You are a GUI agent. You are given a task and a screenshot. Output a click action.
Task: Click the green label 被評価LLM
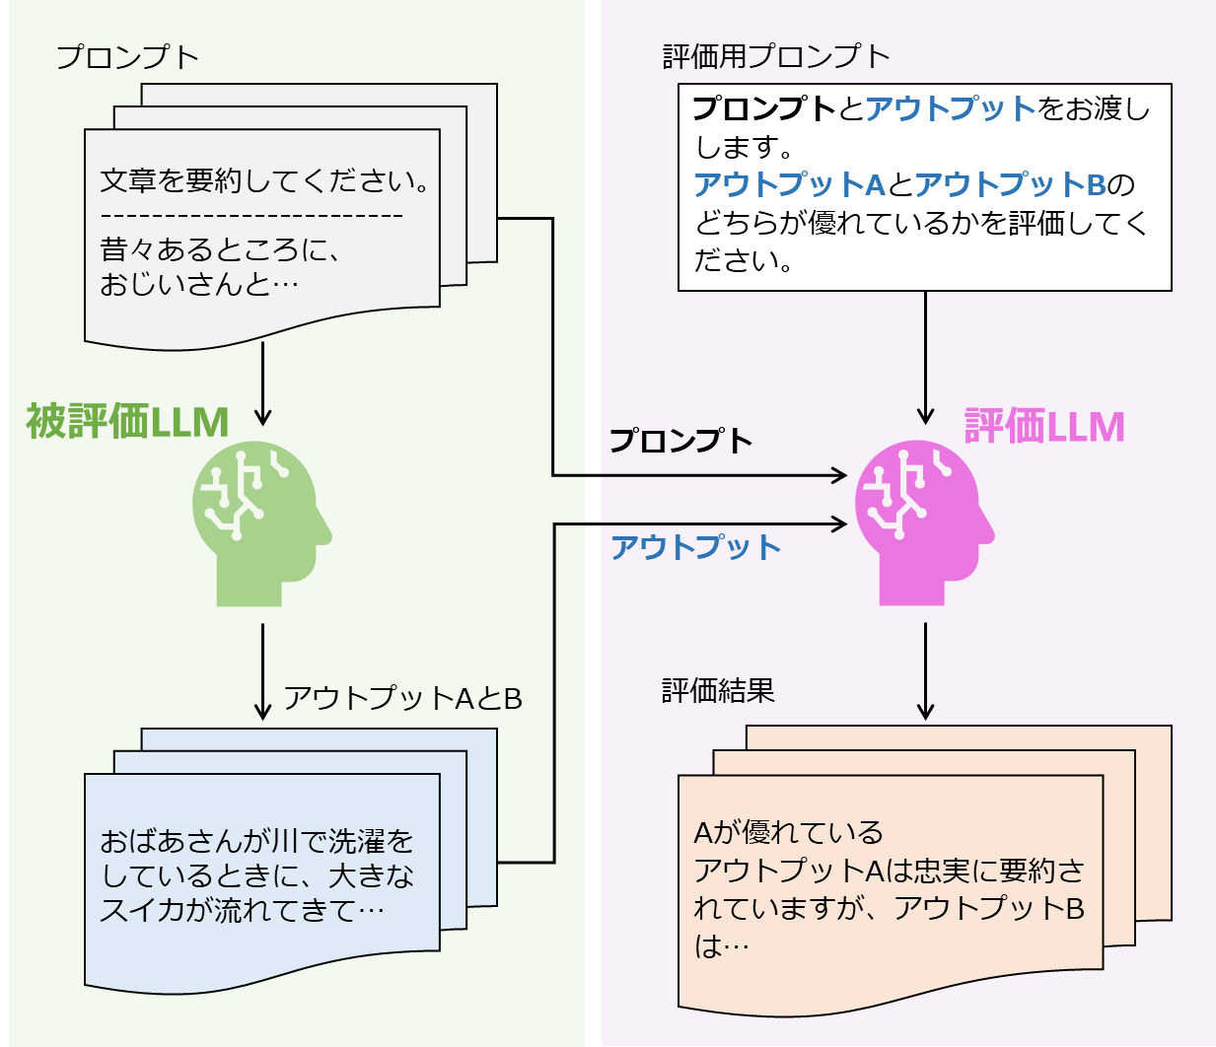tap(127, 422)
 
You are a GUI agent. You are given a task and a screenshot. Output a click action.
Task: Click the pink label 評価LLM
tap(1043, 427)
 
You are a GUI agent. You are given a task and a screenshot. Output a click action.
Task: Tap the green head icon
tap(258, 523)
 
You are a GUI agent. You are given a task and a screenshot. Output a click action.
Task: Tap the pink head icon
tap(921, 523)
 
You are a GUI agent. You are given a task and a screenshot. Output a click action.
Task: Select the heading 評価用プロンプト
tap(776, 56)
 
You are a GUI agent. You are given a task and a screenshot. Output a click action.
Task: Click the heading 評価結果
tap(718, 690)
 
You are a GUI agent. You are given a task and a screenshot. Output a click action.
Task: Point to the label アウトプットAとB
tap(402, 698)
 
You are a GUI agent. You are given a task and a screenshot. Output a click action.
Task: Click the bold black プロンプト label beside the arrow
tap(680, 440)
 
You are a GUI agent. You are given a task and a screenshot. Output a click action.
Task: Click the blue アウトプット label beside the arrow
tap(695, 546)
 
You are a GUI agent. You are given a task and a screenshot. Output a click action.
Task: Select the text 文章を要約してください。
tap(265, 180)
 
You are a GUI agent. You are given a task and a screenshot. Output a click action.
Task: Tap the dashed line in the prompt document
tap(251, 215)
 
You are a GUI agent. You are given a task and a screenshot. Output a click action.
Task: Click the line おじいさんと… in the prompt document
tap(199, 285)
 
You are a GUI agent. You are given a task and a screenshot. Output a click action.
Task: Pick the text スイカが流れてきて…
tap(242, 909)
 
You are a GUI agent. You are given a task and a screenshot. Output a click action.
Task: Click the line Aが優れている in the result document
tap(788, 832)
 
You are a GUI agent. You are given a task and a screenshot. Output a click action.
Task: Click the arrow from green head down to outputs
tap(262, 670)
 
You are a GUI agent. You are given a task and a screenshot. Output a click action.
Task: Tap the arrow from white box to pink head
tap(925, 355)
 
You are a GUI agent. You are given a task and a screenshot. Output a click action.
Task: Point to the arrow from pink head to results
tap(925, 670)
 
